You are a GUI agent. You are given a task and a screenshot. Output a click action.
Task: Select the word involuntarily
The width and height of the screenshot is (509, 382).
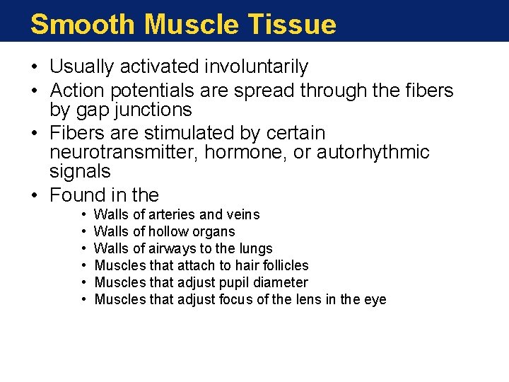click(257, 67)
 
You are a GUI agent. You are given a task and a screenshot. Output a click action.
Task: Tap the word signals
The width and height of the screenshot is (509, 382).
click(80, 171)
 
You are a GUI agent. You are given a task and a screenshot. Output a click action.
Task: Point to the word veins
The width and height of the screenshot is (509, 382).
click(242, 214)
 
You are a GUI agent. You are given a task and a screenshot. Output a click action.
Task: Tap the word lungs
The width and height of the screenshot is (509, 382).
click(255, 248)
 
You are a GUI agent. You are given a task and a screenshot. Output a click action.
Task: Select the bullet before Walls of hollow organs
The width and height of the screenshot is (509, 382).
click(83, 231)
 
